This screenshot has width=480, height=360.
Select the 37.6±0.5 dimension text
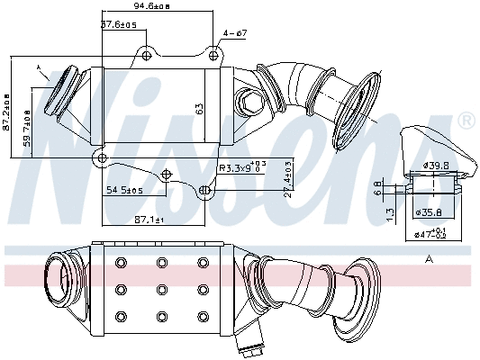118,24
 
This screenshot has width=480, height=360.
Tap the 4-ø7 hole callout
234,33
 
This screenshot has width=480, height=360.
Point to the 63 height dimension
199,108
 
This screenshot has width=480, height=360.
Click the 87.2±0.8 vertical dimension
7,109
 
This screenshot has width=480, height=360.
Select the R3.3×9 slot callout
242,167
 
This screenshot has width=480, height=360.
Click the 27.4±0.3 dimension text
287,179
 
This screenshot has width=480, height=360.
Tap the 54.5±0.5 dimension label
125,190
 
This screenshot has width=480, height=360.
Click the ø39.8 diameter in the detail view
435,165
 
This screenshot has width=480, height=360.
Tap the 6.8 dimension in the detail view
377,188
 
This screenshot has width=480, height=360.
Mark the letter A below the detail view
430,258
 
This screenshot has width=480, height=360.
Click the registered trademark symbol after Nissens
466,120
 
